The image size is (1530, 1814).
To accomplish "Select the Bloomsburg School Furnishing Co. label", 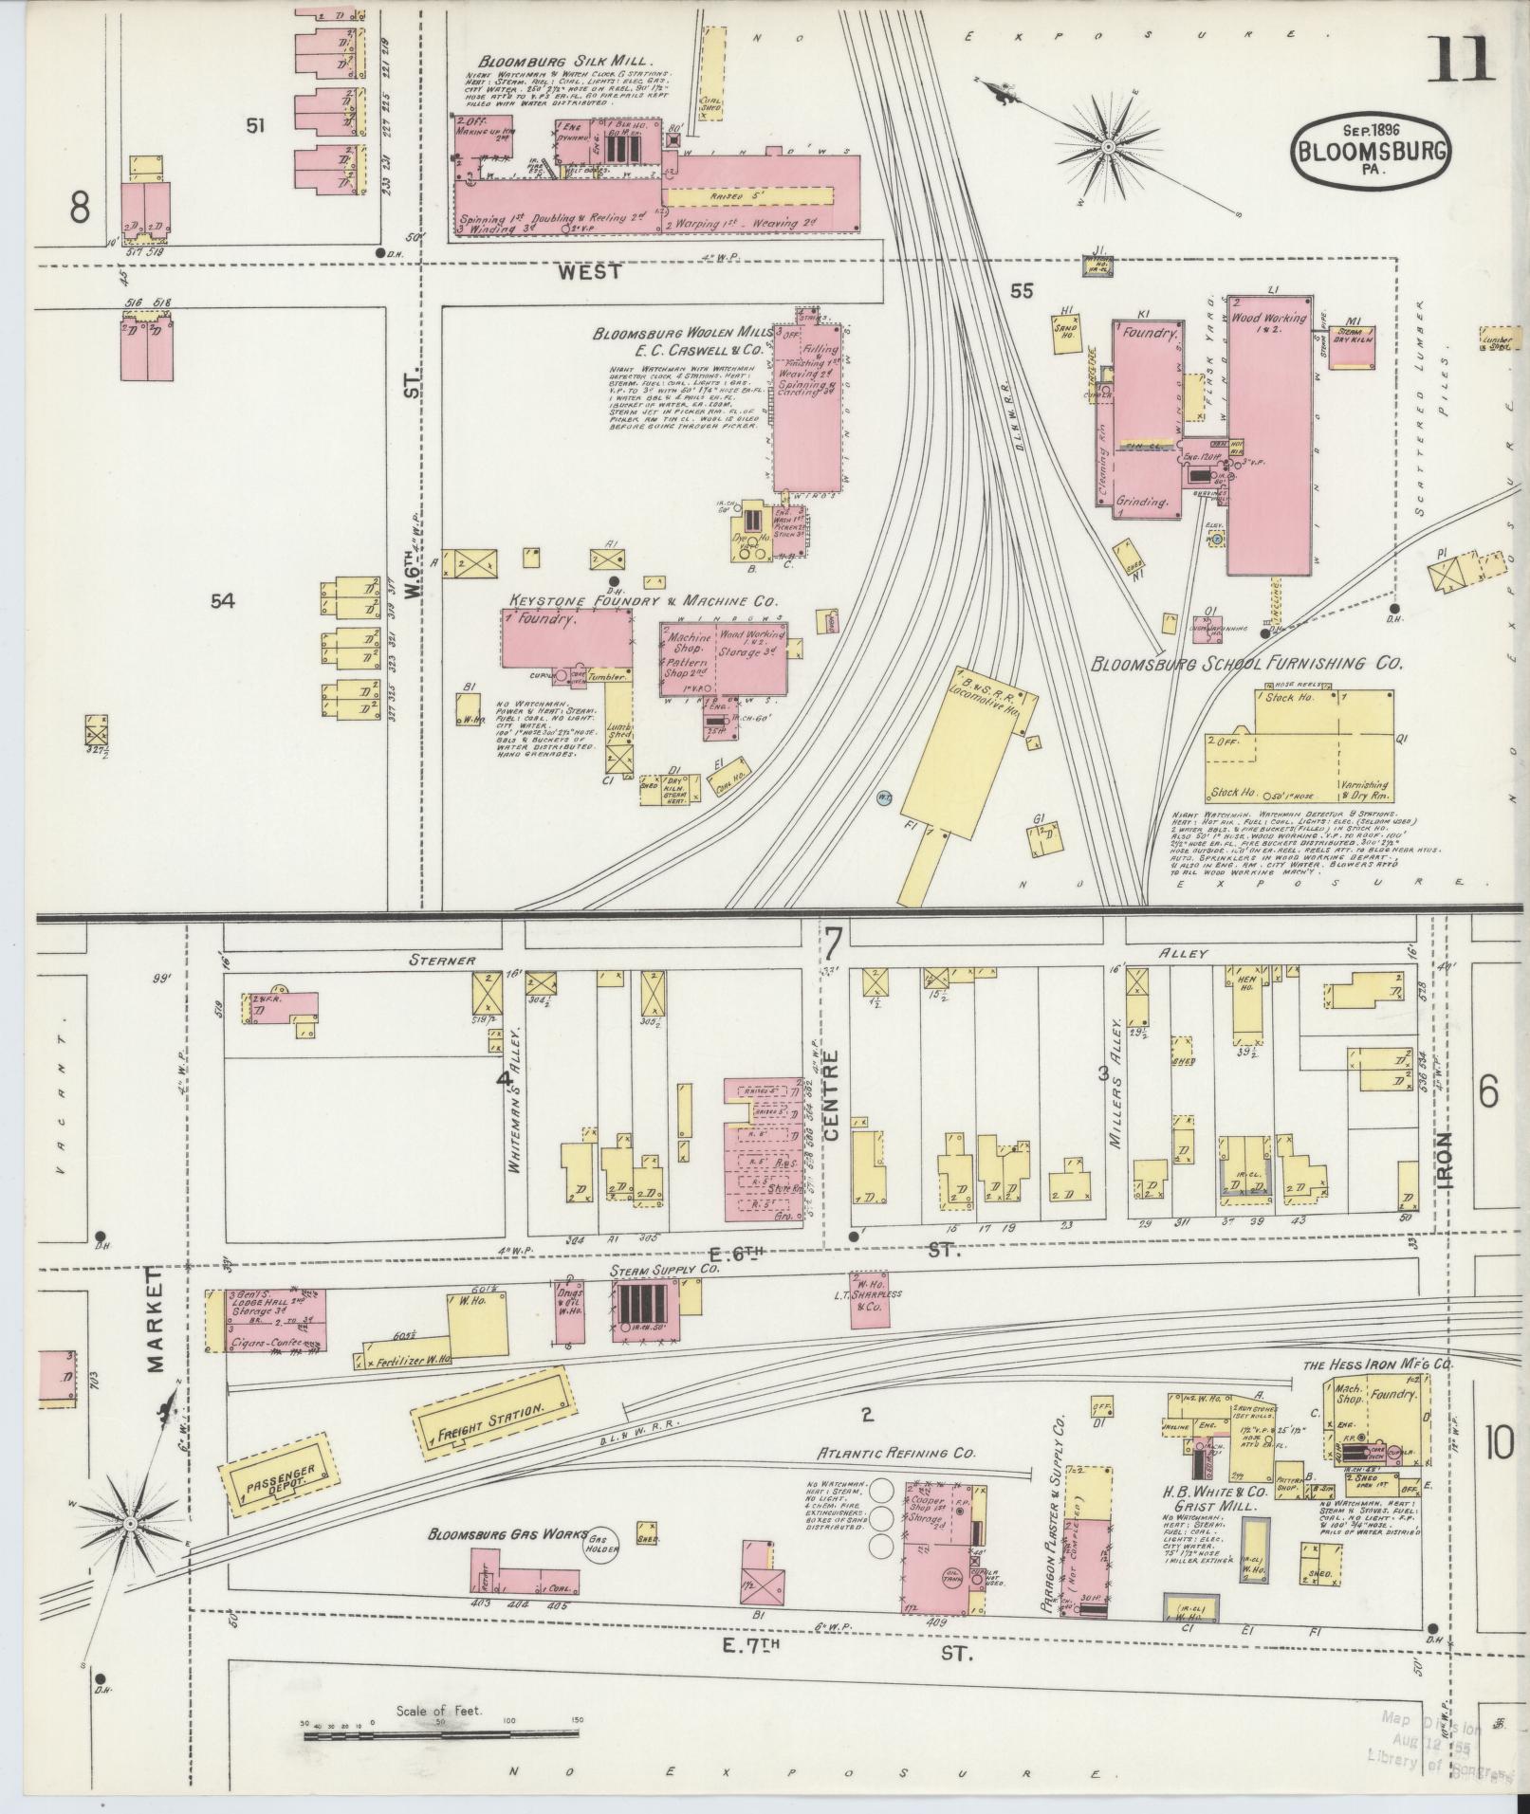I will [x=1246, y=664].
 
